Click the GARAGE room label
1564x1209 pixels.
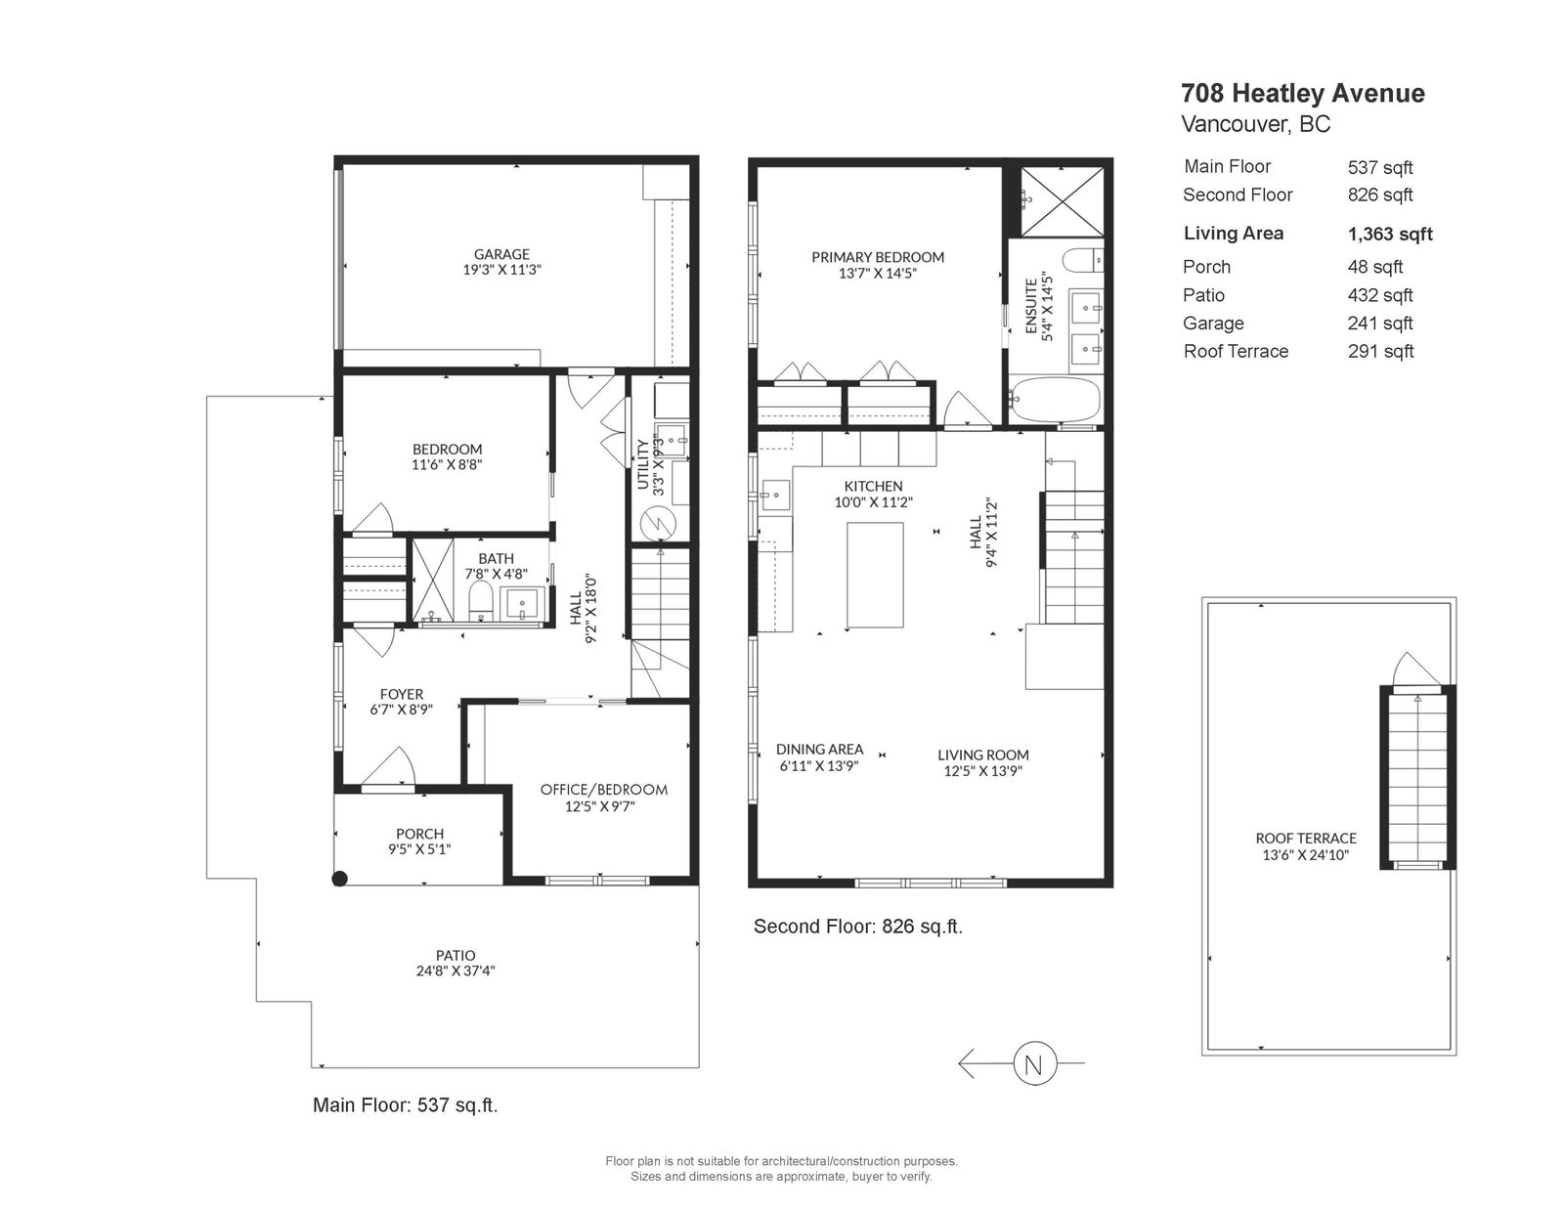click(501, 254)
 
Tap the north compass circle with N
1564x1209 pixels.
click(1034, 1063)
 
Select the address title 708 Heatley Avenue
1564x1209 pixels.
click(1303, 94)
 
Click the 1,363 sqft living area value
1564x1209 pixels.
click(1390, 234)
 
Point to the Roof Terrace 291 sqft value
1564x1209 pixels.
click(1380, 351)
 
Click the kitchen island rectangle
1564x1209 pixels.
click(875, 576)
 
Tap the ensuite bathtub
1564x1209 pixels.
click(1055, 400)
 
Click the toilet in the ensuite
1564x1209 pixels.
click(1083, 261)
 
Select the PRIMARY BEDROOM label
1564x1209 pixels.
click(878, 257)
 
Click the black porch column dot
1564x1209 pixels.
click(340, 878)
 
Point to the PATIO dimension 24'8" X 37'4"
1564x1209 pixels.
click(456, 971)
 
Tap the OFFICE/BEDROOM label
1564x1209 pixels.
click(604, 790)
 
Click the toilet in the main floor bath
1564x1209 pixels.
click(480, 602)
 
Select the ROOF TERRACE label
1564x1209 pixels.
click(1306, 839)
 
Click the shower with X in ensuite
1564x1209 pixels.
click(1062, 201)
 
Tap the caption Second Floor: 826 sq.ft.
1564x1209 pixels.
click(858, 927)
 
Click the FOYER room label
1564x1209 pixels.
click(402, 695)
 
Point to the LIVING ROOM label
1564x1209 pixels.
click(983, 755)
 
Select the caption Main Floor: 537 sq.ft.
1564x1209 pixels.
click(406, 1104)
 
